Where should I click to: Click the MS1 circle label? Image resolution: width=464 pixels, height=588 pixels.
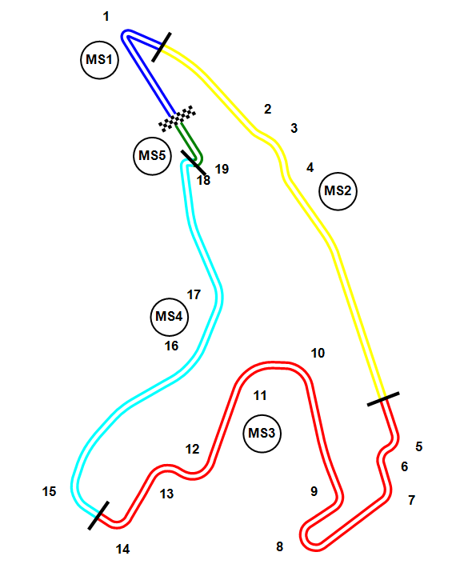(x=99, y=60)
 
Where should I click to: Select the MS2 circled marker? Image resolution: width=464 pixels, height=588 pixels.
(x=338, y=191)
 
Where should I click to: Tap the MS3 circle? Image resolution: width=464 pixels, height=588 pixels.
(x=262, y=434)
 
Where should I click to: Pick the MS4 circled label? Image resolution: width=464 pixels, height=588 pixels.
(x=169, y=317)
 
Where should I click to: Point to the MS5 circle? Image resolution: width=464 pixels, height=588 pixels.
(x=152, y=156)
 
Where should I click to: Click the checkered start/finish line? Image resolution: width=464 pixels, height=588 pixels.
(x=177, y=118)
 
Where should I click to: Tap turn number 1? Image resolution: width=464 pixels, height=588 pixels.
(x=106, y=17)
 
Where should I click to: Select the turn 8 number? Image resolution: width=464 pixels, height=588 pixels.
(x=279, y=546)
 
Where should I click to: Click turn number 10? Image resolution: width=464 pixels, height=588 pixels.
(x=318, y=353)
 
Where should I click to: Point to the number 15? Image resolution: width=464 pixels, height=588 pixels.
(x=49, y=491)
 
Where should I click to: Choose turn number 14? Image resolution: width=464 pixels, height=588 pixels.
(x=122, y=549)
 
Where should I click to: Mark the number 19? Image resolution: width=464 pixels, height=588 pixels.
(x=222, y=169)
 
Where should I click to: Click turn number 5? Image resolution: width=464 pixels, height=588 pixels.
(x=419, y=446)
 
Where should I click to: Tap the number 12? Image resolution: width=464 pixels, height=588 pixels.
(x=193, y=449)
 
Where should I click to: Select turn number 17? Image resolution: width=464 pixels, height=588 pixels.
(x=194, y=294)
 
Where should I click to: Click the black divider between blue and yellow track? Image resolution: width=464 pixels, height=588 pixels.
(x=162, y=47)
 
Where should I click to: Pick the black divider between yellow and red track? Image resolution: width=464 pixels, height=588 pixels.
(x=383, y=399)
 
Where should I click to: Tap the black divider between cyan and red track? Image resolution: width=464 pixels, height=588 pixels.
(x=98, y=516)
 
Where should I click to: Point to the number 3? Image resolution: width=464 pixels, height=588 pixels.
(x=294, y=128)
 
